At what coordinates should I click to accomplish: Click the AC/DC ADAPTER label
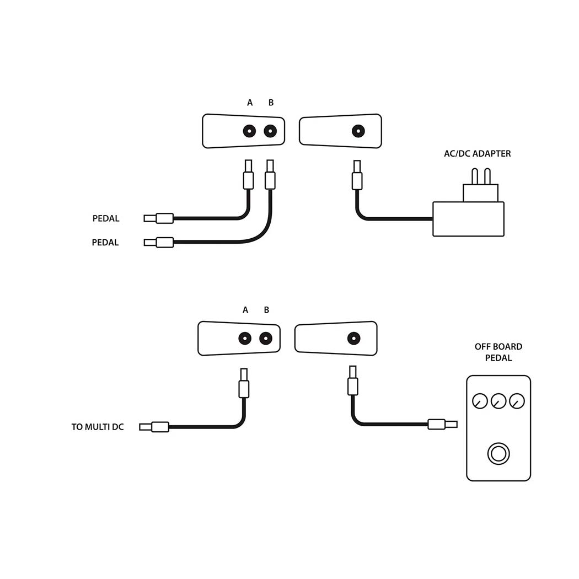pyautogui.click(x=477, y=154)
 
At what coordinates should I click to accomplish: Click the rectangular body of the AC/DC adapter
pyautogui.click(x=468, y=219)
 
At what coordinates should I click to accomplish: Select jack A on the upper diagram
pyautogui.click(x=249, y=131)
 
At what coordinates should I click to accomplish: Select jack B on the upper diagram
pyautogui.click(x=270, y=131)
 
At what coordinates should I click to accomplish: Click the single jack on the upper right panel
pyautogui.click(x=358, y=131)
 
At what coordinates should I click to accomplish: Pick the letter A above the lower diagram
pyautogui.click(x=245, y=310)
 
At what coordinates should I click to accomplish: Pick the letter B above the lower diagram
pyautogui.click(x=266, y=310)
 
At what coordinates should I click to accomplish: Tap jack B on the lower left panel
pyautogui.click(x=266, y=339)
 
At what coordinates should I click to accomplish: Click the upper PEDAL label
pyautogui.click(x=106, y=219)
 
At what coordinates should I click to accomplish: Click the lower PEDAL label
pyautogui.click(x=105, y=243)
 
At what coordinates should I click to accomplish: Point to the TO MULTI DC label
pyautogui.click(x=98, y=427)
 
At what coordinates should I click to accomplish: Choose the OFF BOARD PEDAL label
pyautogui.click(x=498, y=352)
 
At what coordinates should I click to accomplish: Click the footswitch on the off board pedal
pyautogui.click(x=498, y=454)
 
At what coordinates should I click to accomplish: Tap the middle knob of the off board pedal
pyautogui.click(x=498, y=401)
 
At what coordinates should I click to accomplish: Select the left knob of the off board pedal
pyautogui.click(x=480, y=401)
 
